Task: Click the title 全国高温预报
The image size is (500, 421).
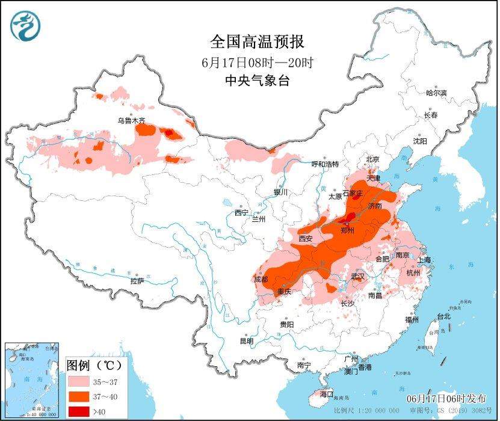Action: click(258, 41)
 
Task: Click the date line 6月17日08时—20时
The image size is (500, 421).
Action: click(258, 62)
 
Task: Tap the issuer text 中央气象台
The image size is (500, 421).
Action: click(258, 81)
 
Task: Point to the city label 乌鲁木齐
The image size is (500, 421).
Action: click(131, 121)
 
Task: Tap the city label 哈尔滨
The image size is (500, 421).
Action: click(436, 93)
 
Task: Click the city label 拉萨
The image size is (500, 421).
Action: click(137, 281)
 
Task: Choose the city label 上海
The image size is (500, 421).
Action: click(424, 260)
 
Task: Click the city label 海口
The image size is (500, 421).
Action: click(327, 394)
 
